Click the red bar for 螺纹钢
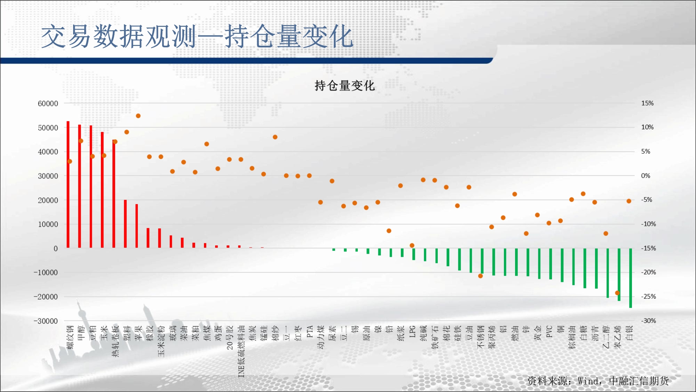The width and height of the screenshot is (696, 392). click(x=68, y=184)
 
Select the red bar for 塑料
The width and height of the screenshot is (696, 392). click(x=125, y=224)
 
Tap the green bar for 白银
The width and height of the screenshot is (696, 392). click(x=631, y=278)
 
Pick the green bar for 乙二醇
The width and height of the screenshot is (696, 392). click(x=608, y=273)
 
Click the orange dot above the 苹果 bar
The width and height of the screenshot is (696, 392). click(x=138, y=116)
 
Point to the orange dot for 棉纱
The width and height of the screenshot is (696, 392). click(x=275, y=137)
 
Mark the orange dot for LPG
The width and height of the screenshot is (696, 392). click(x=412, y=245)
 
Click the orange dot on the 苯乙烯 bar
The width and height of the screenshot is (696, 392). click(x=617, y=293)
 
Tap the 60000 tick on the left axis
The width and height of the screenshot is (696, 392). click(x=48, y=103)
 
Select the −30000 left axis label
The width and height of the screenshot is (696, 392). click(x=46, y=321)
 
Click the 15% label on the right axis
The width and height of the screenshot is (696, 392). click(x=647, y=103)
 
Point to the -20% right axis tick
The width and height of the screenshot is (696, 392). click(x=648, y=272)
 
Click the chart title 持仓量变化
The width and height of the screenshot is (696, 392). click(x=345, y=85)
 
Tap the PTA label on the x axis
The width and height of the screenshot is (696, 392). click(x=310, y=331)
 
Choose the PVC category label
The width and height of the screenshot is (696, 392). click(x=549, y=331)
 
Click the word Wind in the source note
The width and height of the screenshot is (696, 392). click(x=588, y=381)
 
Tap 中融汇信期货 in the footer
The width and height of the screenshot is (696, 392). click(x=639, y=381)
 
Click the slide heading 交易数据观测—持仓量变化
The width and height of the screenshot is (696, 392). click(x=197, y=36)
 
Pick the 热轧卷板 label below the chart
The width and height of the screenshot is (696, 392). click(x=116, y=341)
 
